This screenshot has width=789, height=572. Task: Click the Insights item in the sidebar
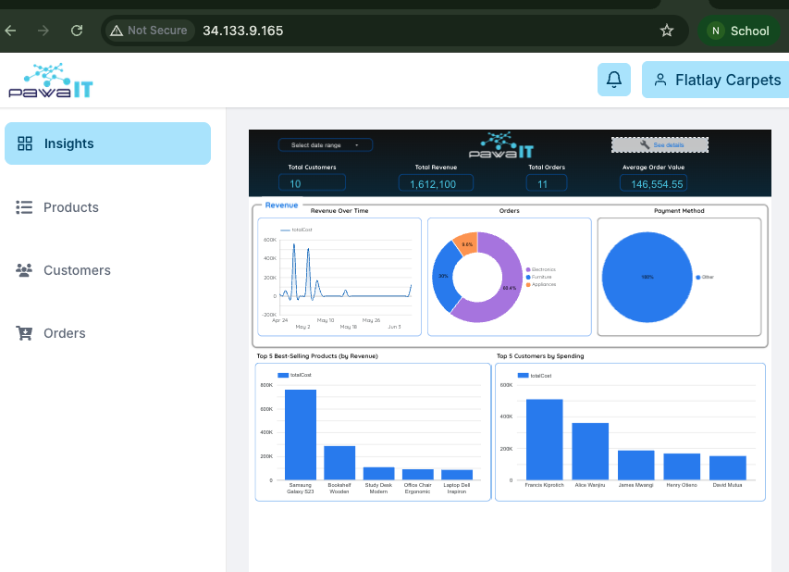click(107, 143)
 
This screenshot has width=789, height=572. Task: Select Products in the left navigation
click(70, 207)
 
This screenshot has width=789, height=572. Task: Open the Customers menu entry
click(76, 270)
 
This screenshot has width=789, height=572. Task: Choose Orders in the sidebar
click(64, 333)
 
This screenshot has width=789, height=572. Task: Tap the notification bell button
click(613, 80)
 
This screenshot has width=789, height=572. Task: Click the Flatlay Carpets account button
click(716, 80)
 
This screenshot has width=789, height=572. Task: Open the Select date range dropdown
click(325, 145)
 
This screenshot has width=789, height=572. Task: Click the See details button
click(660, 145)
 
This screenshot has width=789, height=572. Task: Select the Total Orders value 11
click(543, 184)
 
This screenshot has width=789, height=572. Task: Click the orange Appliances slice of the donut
click(467, 244)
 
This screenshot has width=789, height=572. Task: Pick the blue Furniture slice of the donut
click(445, 278)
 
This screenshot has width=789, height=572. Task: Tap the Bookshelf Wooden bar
click(339, 463)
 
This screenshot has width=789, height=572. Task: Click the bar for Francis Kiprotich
click(544, 440)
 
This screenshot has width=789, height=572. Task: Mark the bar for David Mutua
click(728, 467)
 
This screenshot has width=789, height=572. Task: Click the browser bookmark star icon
click(667, 31)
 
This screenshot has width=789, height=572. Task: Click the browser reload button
click(77, 31)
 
